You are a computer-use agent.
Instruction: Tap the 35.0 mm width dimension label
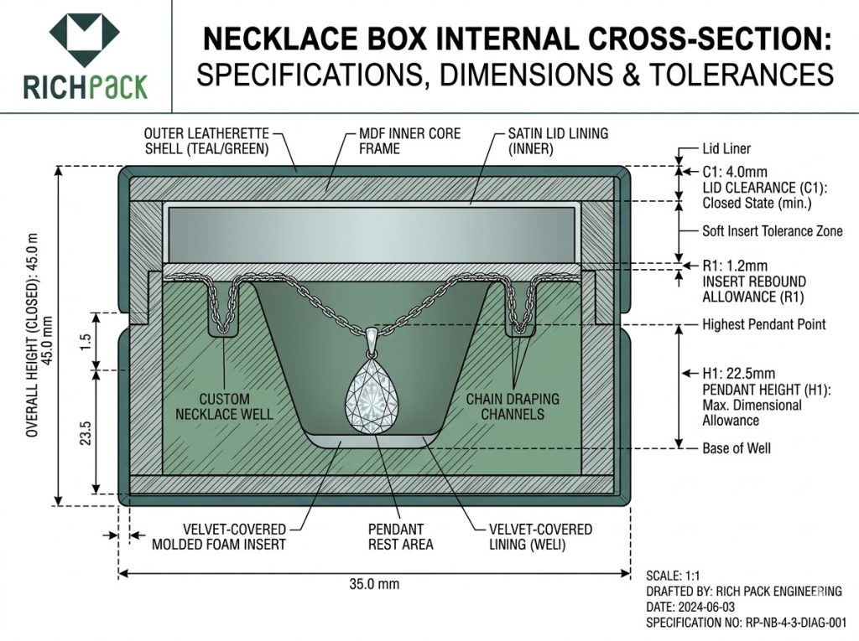pos(373,584)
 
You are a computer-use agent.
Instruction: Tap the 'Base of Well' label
pos(736,448)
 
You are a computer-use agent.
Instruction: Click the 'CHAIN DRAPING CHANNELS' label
pos(513,406)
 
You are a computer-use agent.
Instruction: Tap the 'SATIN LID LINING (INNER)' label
pos(558,141)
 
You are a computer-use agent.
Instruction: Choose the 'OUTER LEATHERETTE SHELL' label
pos(206,141)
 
